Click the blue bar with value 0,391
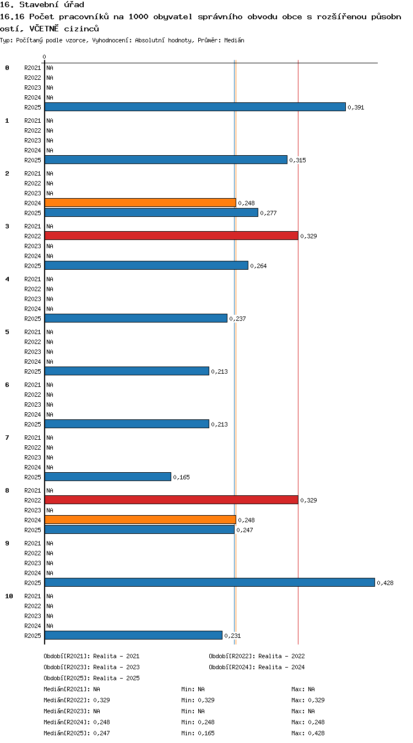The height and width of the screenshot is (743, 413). click(195, 107)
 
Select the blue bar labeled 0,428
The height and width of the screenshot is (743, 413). click(210, 582)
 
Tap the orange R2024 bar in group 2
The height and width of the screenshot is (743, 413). click(140, 203)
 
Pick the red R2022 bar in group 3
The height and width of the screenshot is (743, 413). click(171, 236)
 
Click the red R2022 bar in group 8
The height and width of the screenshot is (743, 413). click(171, 500)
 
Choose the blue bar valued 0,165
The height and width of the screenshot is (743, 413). click(108, 477)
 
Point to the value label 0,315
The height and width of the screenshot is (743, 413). click(297, 160)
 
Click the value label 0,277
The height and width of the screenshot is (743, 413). click(268, 213)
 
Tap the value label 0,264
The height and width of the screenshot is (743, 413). click(258, 266)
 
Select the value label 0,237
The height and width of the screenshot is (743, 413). click(237, 319)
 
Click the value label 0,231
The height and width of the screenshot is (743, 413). click(232, 636)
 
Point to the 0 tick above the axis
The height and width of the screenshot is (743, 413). click(44, 57)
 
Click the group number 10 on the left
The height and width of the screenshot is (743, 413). click(9, 596)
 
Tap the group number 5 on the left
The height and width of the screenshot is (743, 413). click(7, 332)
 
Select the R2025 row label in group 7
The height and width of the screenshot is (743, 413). click(32, 477)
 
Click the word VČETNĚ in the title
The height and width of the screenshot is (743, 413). click(44, 29)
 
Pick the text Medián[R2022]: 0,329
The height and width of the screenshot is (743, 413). click(77, 700)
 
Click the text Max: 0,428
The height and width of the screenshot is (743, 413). click(308, 733)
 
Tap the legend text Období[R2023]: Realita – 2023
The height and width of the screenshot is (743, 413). click(91, 667)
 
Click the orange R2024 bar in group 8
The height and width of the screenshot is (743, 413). click(140, 520)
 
